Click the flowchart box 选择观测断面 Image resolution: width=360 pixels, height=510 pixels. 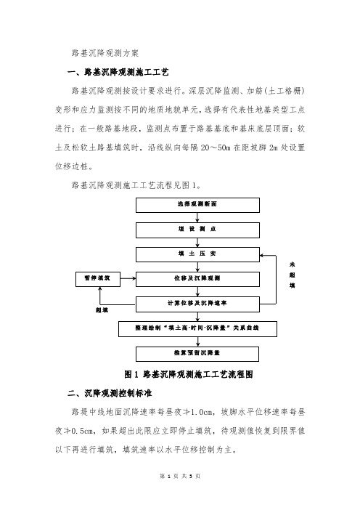197,206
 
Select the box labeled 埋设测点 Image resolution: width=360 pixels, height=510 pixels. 197,230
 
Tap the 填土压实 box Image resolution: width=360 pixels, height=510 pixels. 197,255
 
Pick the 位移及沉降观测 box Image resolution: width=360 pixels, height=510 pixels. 197,280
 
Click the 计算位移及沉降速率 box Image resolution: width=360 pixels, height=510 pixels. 197,304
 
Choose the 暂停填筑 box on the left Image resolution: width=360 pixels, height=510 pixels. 98,280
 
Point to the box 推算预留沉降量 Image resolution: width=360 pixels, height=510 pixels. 197,354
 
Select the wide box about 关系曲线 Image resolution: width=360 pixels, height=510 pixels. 197,329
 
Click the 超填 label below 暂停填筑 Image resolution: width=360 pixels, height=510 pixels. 102,310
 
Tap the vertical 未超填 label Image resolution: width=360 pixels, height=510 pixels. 292,275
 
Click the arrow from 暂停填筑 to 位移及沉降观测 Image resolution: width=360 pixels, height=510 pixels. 128,278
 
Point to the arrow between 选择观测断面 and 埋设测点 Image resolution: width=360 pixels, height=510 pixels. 197,218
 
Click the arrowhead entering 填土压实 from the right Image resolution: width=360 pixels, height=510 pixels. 262,256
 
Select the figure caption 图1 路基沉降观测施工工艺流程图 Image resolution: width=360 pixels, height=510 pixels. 189,374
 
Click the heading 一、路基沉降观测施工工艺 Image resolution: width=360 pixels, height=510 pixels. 118,72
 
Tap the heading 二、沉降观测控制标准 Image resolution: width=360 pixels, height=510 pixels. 110,393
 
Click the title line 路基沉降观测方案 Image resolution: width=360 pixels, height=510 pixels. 105,53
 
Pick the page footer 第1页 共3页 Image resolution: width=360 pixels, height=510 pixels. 180,476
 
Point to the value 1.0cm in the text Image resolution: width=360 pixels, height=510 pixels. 202,412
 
